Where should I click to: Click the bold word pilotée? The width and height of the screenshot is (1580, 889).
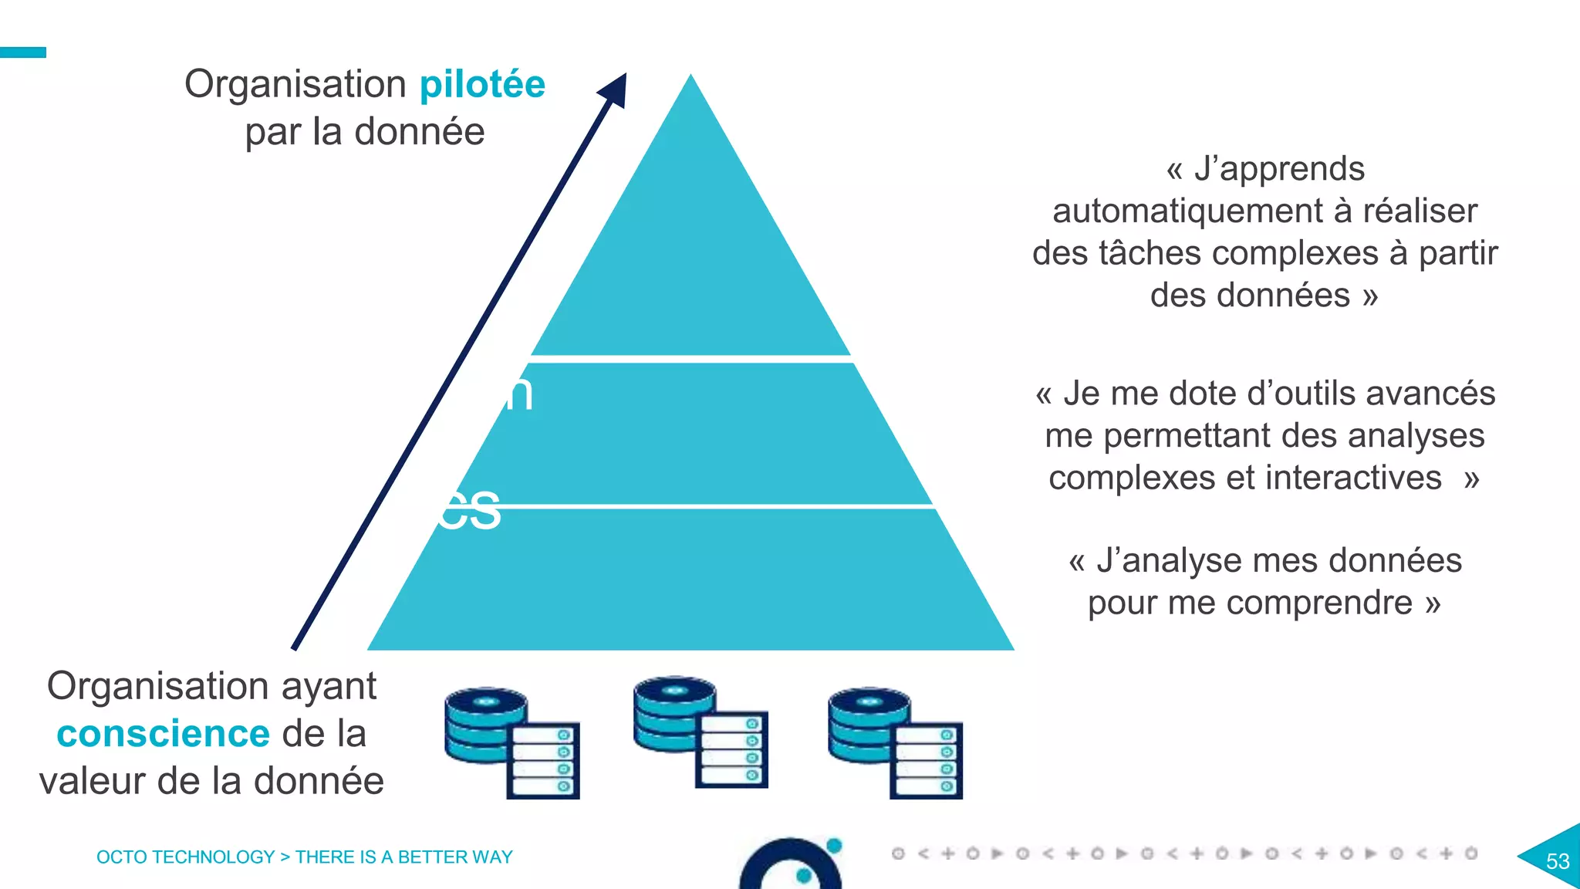[x=482, y=85]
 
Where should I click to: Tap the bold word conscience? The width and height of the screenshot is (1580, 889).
[x=163, y=734]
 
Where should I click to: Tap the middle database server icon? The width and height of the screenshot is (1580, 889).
[x=701, y=732]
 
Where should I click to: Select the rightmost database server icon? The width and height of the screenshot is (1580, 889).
[x=895, y=742]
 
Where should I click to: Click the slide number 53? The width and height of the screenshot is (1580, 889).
[x=1558, y=861]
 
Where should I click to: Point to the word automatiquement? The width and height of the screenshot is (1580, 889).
[x=1188, y=211]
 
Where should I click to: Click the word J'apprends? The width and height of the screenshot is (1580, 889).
[x=1279, y=169]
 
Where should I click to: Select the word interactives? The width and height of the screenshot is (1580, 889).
[x=1353, y=478]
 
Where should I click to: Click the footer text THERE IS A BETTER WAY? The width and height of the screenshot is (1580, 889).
[x=403, y=857]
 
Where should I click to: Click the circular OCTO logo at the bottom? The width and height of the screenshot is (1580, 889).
[x=791, y=867]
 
